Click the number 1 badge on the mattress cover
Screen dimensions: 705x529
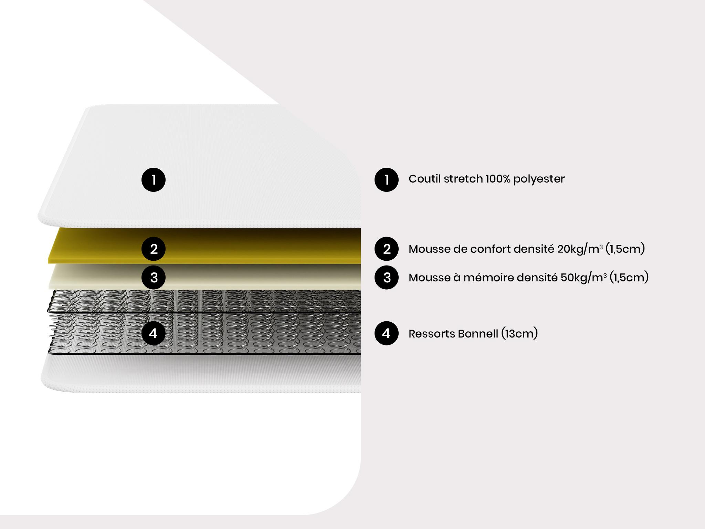click(154, 179)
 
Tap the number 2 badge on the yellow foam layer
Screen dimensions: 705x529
click(154, 249)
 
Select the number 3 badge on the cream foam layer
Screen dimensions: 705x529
click(154, 277)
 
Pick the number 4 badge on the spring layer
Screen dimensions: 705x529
click(154, 333)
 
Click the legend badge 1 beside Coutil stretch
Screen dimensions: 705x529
click(387, 179)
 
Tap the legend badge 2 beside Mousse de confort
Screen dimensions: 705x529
click(387, 249)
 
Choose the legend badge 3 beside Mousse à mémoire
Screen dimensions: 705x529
click(387, 277)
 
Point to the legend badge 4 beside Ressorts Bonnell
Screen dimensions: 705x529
click(387, 333)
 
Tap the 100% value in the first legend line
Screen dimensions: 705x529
click(498, 179)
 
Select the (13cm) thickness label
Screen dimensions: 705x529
click(519, 333)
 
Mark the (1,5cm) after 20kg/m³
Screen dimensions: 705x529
click(625, 249)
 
